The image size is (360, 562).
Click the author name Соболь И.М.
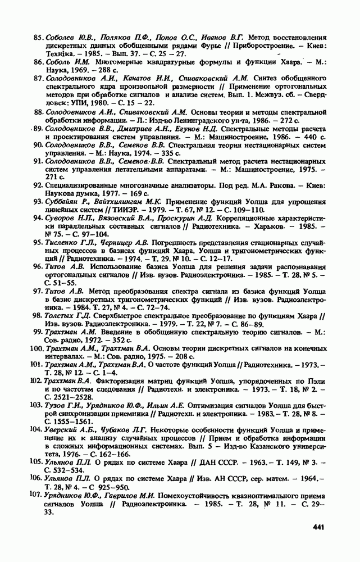point(66,62)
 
